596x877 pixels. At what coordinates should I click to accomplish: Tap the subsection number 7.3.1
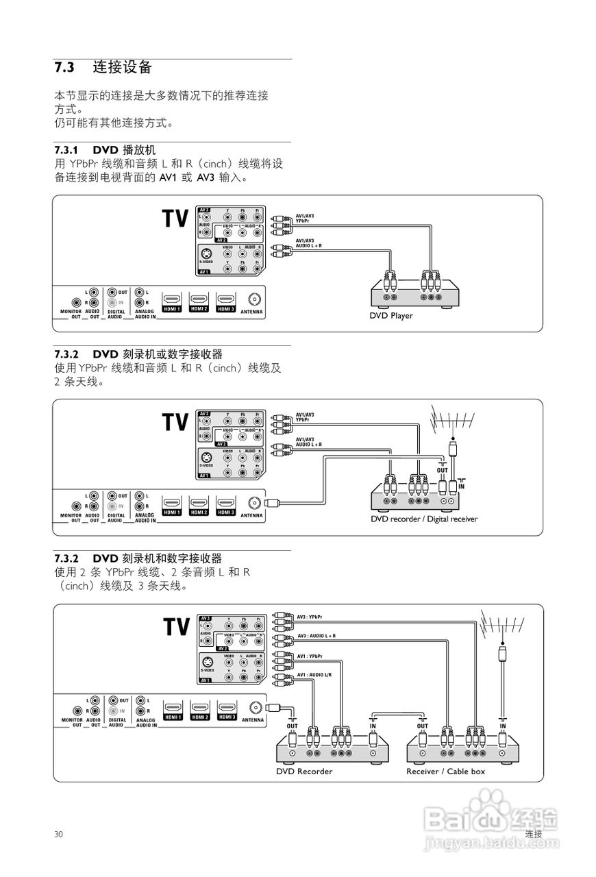tap(67, 149)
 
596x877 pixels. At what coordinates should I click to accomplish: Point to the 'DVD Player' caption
tap(391, 316)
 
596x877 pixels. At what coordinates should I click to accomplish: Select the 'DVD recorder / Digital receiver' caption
tap(424, 519)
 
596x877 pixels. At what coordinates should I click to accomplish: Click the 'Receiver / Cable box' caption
tap(445, 771)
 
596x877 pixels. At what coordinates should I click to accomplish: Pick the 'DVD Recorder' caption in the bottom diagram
tap(304, 771)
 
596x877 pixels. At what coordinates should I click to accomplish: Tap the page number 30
tap(59, 834)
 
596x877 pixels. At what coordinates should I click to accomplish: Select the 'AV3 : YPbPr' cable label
tap(310, 617)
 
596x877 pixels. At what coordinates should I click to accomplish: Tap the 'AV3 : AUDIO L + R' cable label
tap(316, 636)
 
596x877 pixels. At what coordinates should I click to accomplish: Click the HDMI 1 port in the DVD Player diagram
tap(172, 301)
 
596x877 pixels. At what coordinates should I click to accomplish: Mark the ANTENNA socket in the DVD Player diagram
tap(253, 300)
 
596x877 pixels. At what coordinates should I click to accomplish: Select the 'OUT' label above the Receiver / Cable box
tap(422, 726)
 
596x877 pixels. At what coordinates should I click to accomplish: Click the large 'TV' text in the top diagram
tap(175, 219)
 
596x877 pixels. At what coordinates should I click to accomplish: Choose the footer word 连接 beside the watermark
tap(534, 834)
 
